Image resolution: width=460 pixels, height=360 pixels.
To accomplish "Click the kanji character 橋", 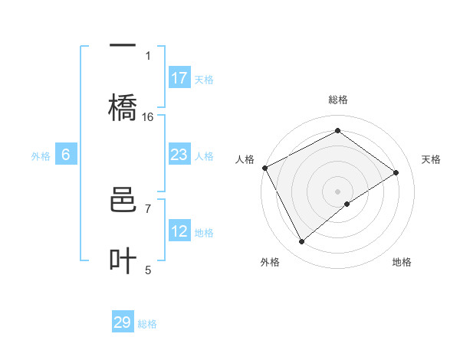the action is click(123, 107).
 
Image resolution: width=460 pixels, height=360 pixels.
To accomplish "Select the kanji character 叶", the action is click(123, 261).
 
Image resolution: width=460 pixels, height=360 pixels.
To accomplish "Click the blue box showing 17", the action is click(179, 78).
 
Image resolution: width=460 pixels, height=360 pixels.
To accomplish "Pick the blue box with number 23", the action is click(179, 155).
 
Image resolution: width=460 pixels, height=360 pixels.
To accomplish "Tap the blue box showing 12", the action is click(179, 231).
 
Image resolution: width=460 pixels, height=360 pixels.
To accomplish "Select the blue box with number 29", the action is click(123, 322).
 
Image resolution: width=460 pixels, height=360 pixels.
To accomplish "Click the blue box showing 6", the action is click(66, 155).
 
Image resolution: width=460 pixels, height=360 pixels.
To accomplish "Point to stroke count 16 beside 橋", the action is click(148, 117).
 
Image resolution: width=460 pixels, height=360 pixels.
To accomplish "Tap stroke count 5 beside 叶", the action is click(148, 269).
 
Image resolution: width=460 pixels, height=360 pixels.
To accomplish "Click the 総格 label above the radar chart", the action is click(338, 100).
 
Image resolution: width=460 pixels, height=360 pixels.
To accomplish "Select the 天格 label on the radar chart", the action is click(432, 159).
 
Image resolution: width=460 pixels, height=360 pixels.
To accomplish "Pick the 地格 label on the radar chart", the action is click(402, 262).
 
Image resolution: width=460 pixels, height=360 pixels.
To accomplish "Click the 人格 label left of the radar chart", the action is click(245, 159).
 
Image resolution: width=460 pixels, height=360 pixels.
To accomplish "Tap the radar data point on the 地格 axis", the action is click(348, 204).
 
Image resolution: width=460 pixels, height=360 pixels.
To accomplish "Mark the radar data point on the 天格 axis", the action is click(396, 172).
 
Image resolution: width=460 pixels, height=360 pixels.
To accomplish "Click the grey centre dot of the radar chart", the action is click(338, 191).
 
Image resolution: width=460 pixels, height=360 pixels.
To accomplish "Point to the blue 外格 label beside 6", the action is click(41, 155).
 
